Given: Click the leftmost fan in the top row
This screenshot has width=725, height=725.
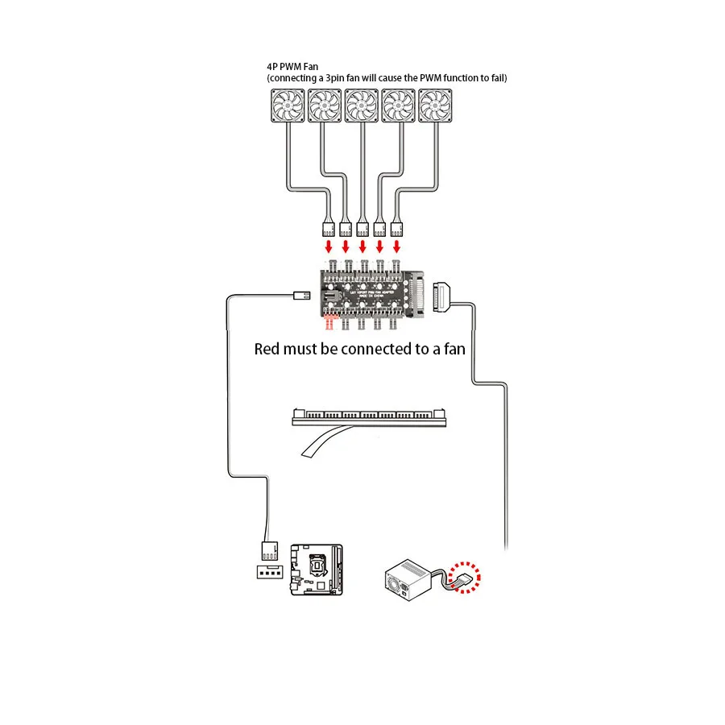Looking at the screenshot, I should tap(288, 106).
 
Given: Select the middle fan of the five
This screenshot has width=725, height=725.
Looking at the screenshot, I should tap(362, 106).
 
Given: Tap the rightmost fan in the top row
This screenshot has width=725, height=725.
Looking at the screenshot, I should tap(436, 106).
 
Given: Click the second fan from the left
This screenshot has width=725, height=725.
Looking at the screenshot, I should tap(325, 106).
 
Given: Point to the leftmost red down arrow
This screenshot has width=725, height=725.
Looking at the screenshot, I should tap(328, 245).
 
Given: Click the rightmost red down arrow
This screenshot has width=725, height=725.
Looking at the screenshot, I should tap(396, 245).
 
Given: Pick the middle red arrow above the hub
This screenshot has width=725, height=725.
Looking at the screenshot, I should tap(362, 245).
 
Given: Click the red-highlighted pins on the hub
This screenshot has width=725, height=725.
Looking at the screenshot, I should tap(329, 323).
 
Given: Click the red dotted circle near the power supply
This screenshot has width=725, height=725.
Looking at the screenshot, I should tap(467, 578).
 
